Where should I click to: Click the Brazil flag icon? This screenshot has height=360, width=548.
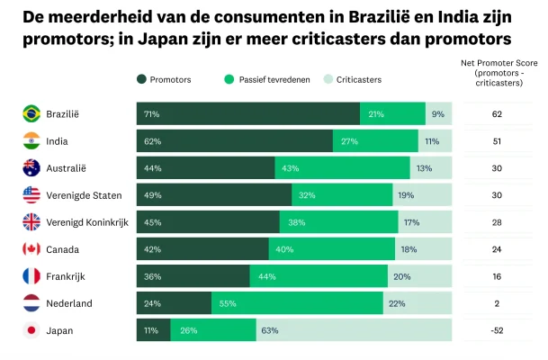[x=31, y=114]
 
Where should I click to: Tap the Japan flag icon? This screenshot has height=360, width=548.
[x=31, y=330]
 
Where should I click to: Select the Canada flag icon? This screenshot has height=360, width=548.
[x=31, y=249]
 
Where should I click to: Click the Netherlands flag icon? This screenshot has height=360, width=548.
[x=31, y=303]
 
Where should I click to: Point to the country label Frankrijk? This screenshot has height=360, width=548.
[x=69, y=276]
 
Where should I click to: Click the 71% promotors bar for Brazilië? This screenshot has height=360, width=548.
[x=248, y=114]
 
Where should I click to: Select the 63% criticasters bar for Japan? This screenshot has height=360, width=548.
[x=354, y=330]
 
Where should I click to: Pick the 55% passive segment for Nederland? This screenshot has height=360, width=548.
[x=297, y=303]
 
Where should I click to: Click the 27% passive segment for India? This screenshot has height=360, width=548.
[x=375, y=141]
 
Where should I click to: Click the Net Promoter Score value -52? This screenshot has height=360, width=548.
[x=496, y=330]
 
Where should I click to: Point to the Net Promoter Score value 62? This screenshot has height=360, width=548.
[x=496, y=114]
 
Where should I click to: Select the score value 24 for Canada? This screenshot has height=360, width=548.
[x=496, y=249]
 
